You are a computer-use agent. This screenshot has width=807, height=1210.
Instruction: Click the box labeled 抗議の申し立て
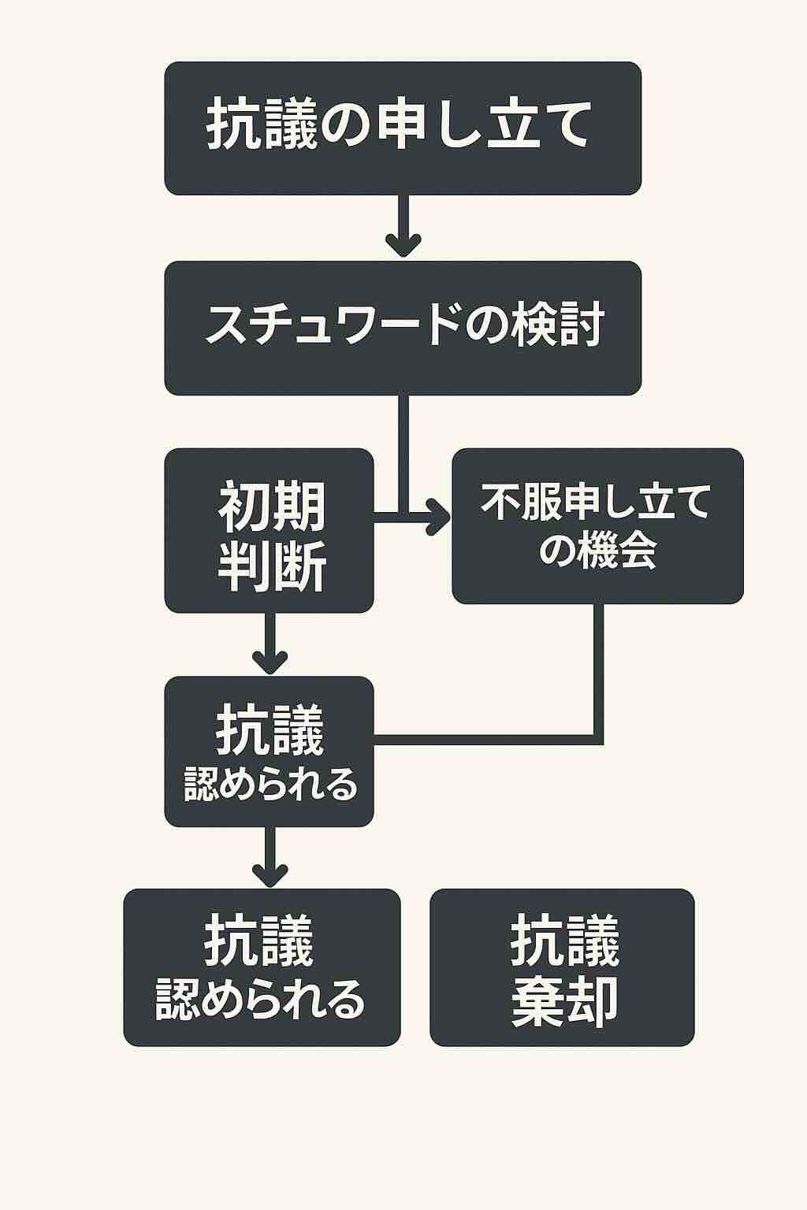point(403,128)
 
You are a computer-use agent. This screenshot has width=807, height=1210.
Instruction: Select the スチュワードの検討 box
point(403,328)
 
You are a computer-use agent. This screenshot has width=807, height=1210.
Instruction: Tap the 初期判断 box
point(269,530)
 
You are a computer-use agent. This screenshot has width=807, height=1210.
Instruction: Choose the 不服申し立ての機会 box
point(597,526)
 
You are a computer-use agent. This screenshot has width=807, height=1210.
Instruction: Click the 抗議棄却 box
point(562,967)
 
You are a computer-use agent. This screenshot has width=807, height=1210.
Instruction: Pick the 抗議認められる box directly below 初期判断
point(269,752)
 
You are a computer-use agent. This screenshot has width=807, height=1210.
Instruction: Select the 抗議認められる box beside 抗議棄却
point(262,967)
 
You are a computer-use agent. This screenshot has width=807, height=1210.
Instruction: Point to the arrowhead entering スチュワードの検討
point(403,244)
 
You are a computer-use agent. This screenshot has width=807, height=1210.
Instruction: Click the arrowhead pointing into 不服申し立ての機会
point(438,517)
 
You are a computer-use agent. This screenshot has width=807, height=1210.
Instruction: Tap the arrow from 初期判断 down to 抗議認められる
point(270,642)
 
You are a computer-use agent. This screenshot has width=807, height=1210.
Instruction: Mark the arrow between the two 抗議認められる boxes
point(270,856)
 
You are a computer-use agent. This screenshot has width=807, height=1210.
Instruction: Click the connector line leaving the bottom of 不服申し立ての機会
point(598,670)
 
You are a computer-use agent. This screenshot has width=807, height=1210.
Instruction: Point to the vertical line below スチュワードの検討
point(403,449)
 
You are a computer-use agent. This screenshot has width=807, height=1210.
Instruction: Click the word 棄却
point(564,1001)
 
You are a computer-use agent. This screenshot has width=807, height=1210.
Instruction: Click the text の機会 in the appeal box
point(597,551)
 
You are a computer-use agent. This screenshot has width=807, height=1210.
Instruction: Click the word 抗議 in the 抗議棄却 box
point(564,941)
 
